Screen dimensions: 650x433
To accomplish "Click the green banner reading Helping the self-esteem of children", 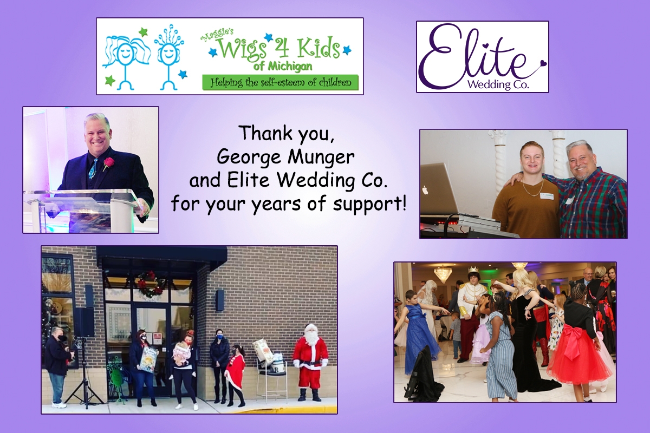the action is click(x=281, y=83).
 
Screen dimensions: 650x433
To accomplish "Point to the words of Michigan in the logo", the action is click(x=283, y=67).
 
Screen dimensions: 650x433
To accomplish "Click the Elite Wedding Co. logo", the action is click(x=482, y=57).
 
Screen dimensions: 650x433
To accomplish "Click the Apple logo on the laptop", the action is click(x=425, y=190).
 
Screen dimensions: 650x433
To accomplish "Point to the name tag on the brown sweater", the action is click(x=545, y=196).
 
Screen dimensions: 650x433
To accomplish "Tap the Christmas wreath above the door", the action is click(x=149, y=283).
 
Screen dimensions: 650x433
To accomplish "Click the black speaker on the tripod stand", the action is click(x=84, y=322).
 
